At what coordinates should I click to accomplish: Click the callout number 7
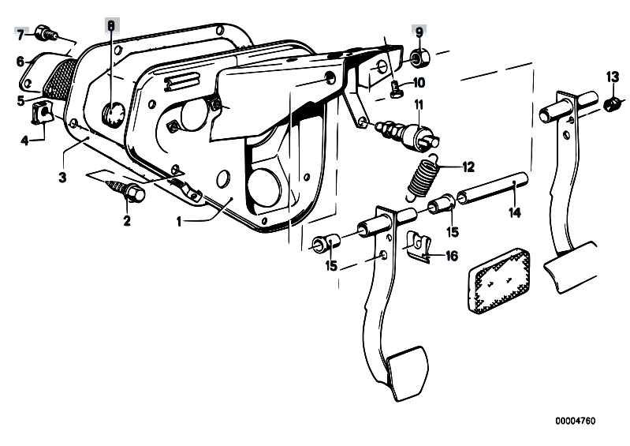tap(21, 35)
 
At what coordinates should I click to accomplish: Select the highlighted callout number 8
tap(111, 25)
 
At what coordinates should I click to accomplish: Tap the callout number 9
tap(419, 32)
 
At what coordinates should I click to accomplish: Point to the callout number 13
tap(613, 77)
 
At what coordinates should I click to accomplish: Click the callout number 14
tap(515, 212)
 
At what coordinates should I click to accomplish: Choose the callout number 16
tap(452, 256)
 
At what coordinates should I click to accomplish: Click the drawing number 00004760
tap(576, 421)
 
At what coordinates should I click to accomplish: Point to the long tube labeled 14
tap(493, 188)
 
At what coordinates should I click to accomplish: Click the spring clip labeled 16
tap(418, 246)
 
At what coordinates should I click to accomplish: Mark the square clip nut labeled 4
tap(43, 113)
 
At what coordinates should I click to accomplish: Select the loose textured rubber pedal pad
tap(499, 281)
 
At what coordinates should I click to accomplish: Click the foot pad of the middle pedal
tap(408, 372)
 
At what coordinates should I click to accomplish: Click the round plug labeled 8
tap(114, 114)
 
